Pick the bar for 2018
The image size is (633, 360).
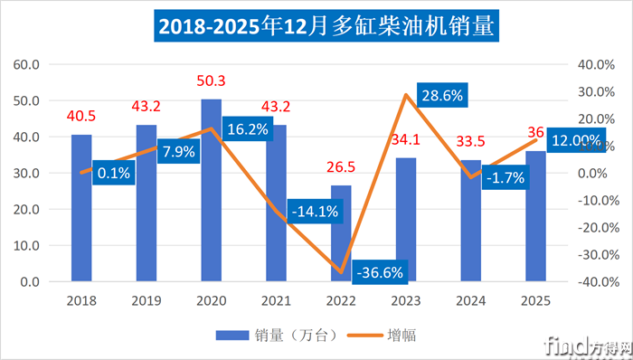pos(81,208)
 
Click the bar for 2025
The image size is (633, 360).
pos(534,216)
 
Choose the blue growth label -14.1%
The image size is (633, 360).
pos(316,212)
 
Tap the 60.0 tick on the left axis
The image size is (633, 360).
pos(25,65)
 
